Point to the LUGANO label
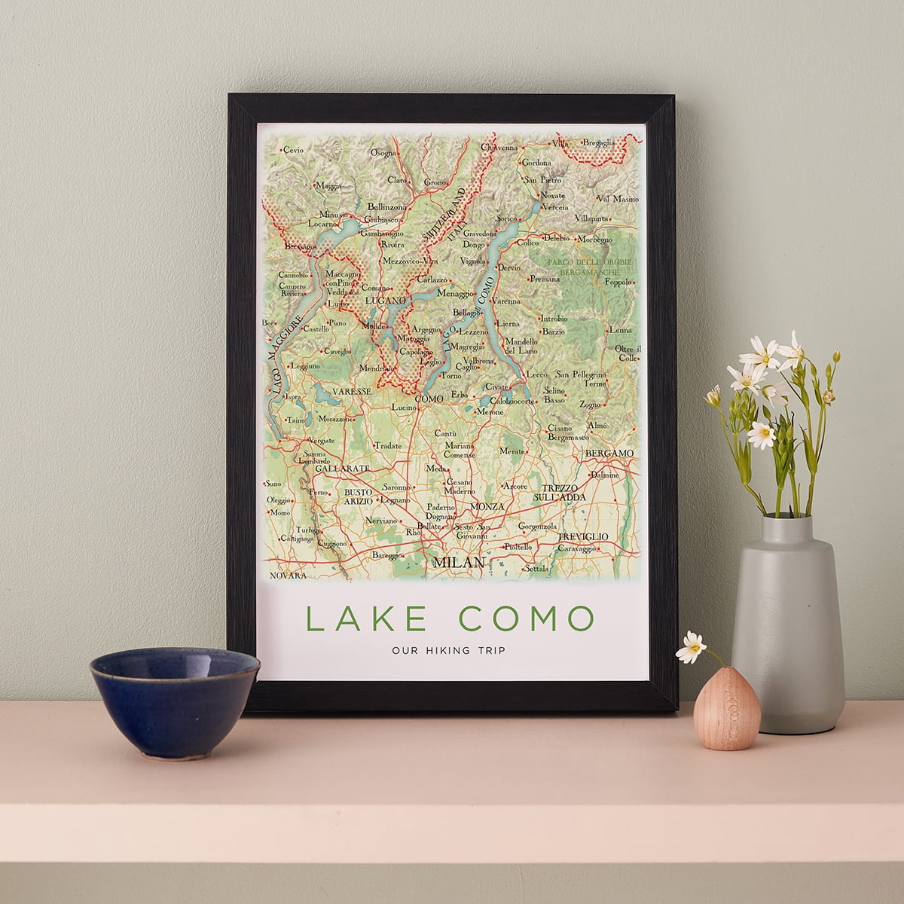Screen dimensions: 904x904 (x=385, y=300)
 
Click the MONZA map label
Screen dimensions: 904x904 (x=487, y=506)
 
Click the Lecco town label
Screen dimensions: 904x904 (x=536, y=374)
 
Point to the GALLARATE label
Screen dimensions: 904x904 (x=343, y=468)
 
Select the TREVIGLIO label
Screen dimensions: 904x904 (x=582, y=536)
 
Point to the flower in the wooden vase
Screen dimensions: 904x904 (x=691, y=646)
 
